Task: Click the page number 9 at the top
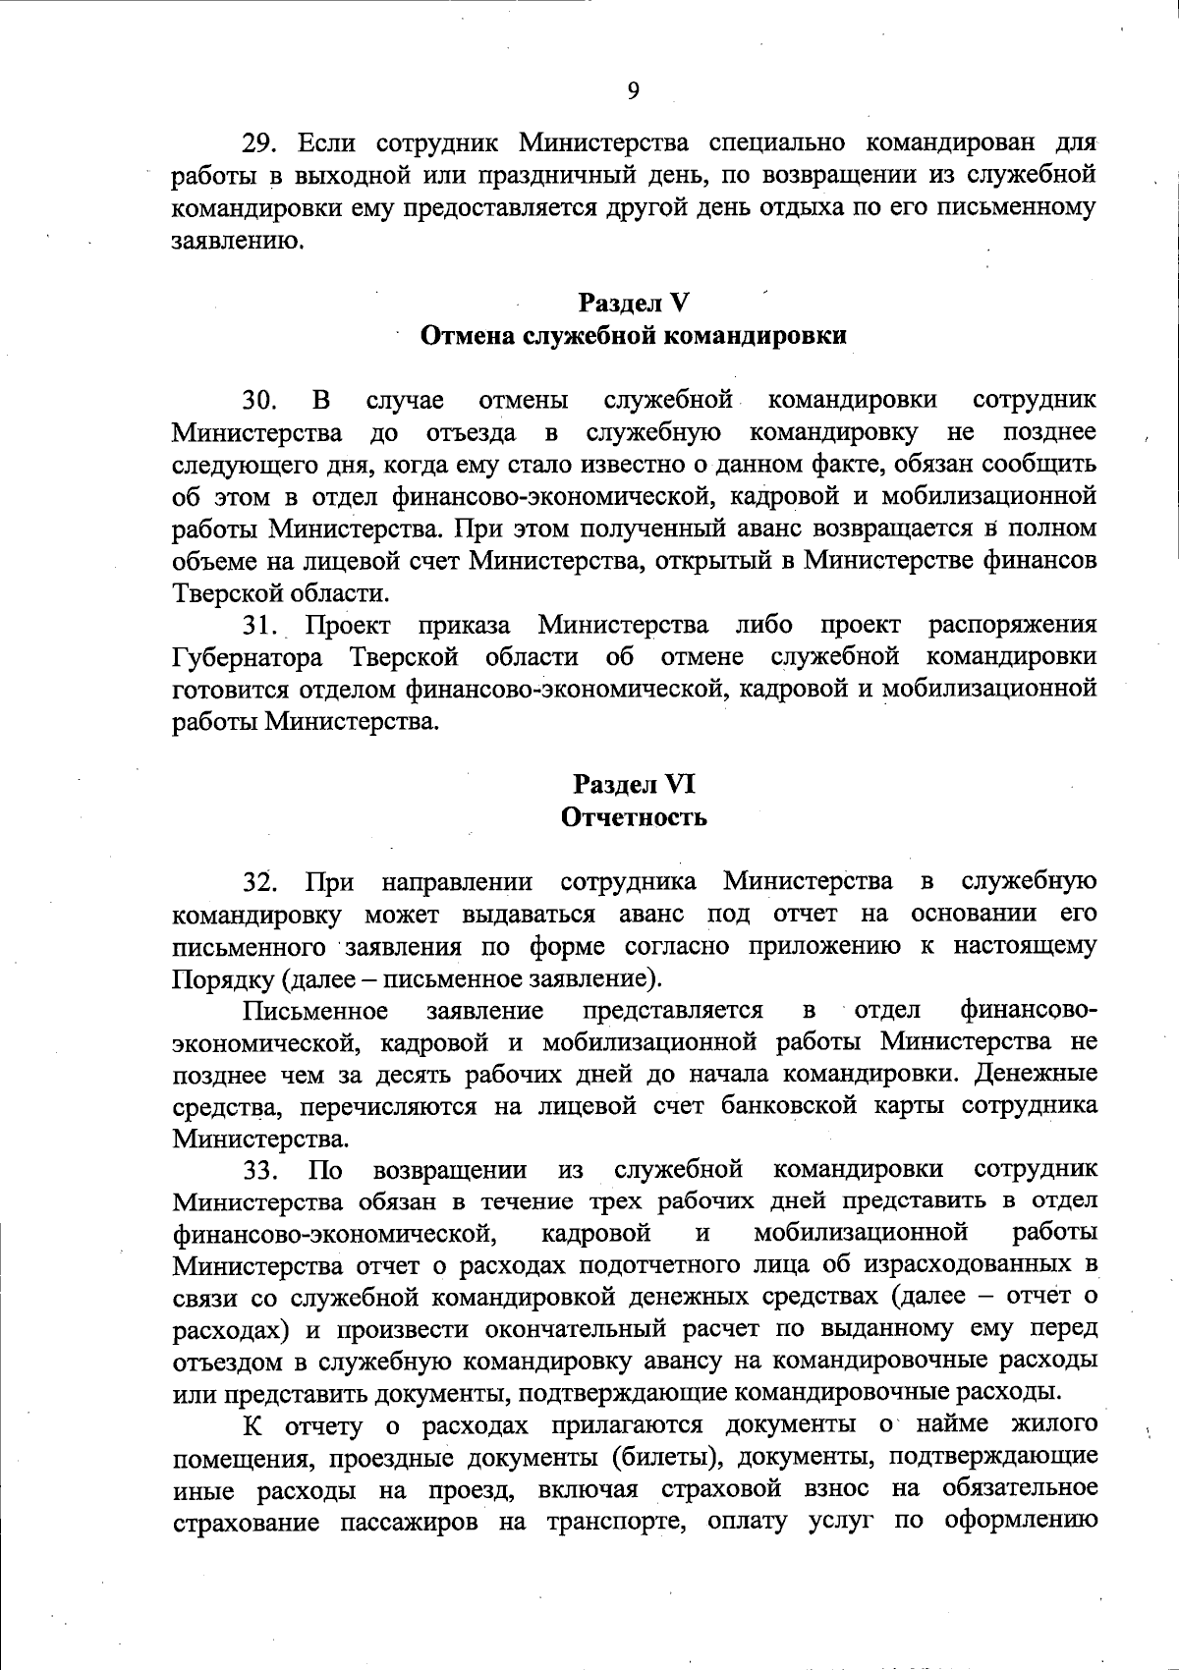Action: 632,91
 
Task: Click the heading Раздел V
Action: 633,302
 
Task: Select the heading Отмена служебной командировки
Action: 633,336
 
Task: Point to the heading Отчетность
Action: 633,816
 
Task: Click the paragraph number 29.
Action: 262,143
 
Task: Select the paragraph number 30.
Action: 262,400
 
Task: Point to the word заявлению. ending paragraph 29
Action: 231,240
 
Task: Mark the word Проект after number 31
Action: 347,625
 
